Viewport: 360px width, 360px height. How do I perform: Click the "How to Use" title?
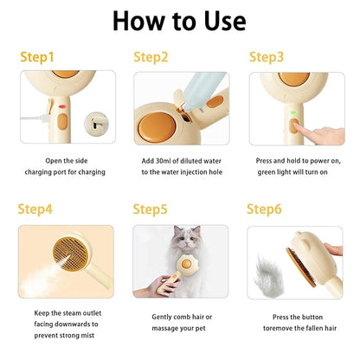click(x=179, y=22)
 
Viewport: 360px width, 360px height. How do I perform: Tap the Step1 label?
click(x=36, y=57)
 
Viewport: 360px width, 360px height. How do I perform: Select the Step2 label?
click(x=151, y=57)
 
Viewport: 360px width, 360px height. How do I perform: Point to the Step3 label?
click(x=267, y=57)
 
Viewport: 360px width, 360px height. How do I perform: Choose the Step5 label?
click(x=151, y=209)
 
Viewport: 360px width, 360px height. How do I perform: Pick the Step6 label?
click(x=265, y=209)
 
